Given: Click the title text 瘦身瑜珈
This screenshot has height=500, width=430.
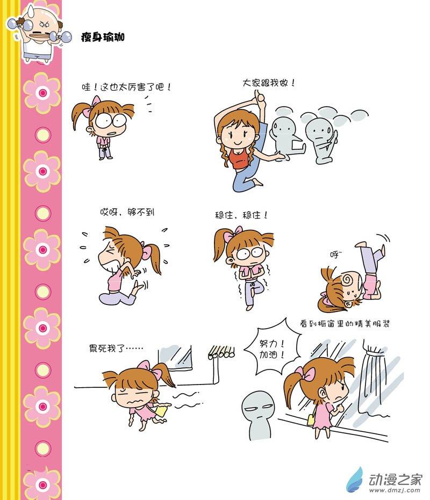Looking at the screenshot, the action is [x=103, y=37].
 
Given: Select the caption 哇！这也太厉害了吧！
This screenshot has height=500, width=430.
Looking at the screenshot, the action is [x=126, y=87].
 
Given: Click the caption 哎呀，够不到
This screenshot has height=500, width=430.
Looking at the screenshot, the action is [x=127, y=212].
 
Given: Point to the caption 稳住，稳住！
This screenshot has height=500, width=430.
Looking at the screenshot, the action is [x=241, y=215].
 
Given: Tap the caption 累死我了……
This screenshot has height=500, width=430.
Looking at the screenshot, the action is [x=116, y=348].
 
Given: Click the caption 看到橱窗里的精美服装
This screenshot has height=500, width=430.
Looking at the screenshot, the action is [x=345, y=324].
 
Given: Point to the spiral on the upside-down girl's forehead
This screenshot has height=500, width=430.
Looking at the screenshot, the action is [x=347, y=280].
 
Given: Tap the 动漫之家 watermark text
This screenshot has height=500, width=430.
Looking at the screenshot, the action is [x=395, y=479].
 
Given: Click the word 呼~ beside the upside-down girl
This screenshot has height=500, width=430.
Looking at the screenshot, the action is [x=336, y=254].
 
